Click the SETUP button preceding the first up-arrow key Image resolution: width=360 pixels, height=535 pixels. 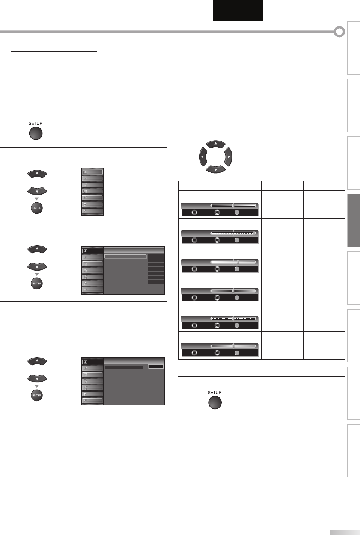36,133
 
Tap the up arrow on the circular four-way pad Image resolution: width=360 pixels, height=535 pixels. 215,144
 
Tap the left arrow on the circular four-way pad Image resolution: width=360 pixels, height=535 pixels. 203,156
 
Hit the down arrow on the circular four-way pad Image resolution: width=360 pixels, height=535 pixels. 215,169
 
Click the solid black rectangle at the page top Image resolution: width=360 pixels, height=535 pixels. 238,11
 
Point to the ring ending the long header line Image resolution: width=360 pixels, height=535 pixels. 339,32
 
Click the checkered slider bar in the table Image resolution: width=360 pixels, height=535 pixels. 233,233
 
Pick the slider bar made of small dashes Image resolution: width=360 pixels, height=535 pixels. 233,319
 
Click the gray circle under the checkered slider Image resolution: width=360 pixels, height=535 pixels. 237,240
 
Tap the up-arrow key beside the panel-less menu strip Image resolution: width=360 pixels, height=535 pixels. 37,174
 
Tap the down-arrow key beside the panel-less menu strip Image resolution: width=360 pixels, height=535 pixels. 37,191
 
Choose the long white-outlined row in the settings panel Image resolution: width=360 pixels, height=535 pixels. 125,257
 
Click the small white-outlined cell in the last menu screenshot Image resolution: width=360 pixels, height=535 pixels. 156,367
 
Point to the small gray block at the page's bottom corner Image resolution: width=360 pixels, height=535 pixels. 345,532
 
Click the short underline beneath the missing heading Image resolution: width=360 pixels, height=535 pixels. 54,52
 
